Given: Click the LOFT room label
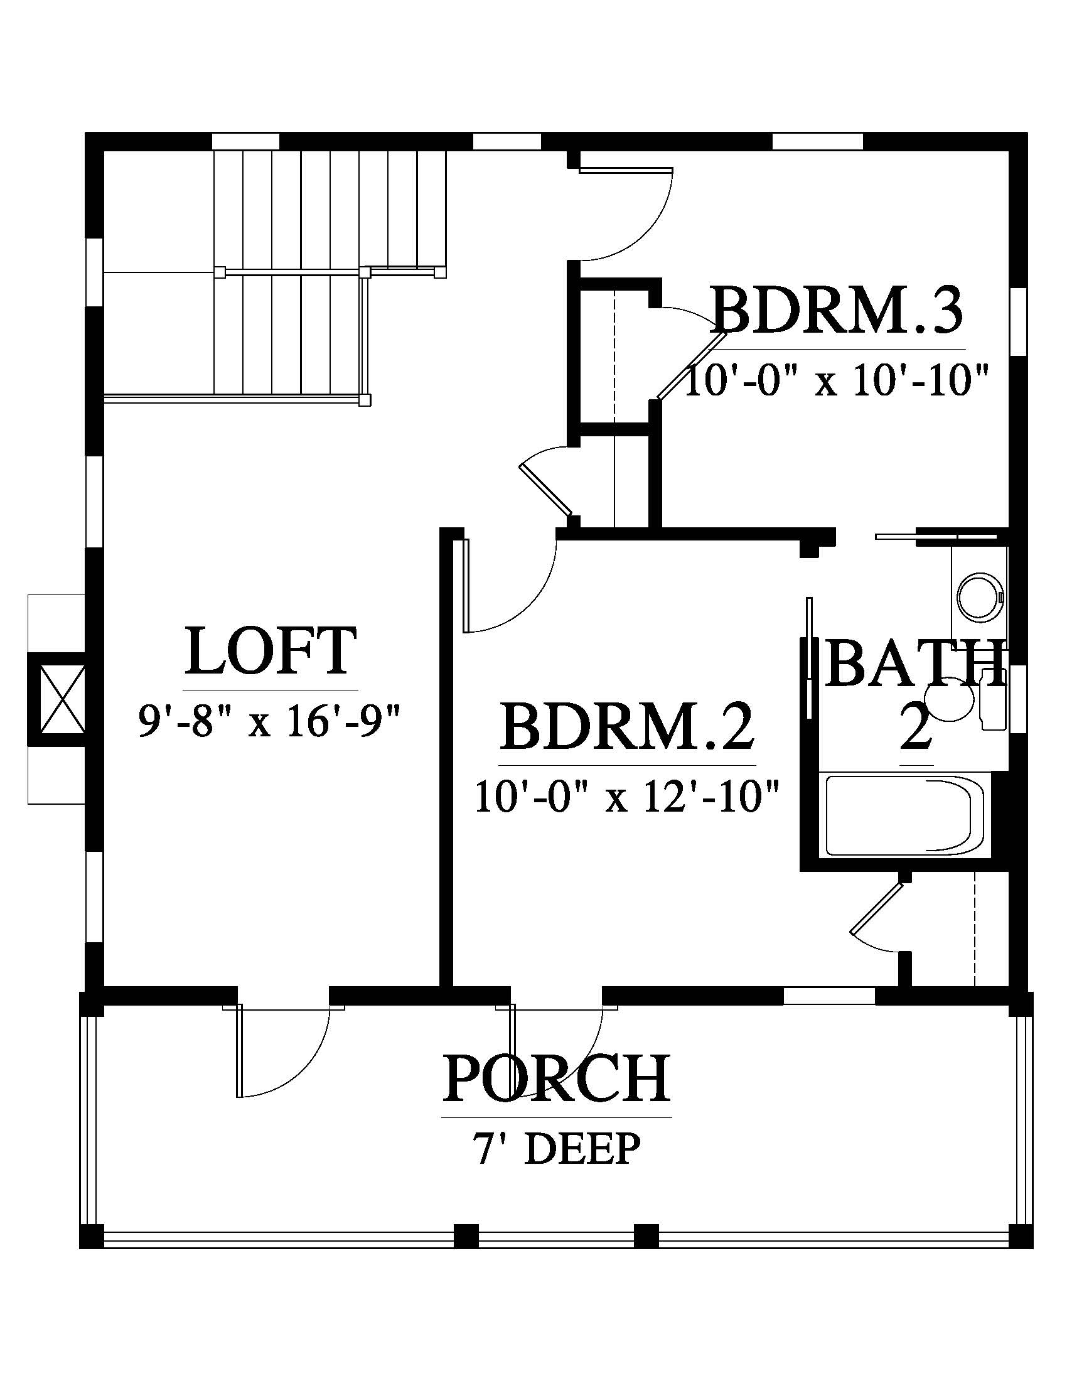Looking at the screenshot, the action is [x=271, y=651].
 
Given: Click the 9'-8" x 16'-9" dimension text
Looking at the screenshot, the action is [x=271, y=721].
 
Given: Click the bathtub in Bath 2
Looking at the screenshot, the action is [x=904, y=814].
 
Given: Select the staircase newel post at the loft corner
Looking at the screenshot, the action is [x=365, y=400].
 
